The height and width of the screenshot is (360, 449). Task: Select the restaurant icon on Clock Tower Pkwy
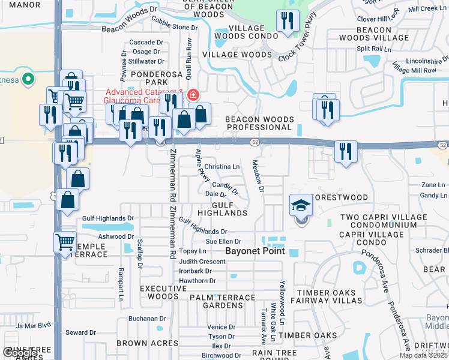[x=288, y=22]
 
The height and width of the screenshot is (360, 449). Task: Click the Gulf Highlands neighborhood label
[x=222, y=209]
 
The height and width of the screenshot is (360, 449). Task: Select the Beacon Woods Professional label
[x=258, y=124]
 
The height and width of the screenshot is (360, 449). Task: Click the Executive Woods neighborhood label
[x=159, y=292]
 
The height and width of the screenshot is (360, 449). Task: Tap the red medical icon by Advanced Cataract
[x=193, y=94]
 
